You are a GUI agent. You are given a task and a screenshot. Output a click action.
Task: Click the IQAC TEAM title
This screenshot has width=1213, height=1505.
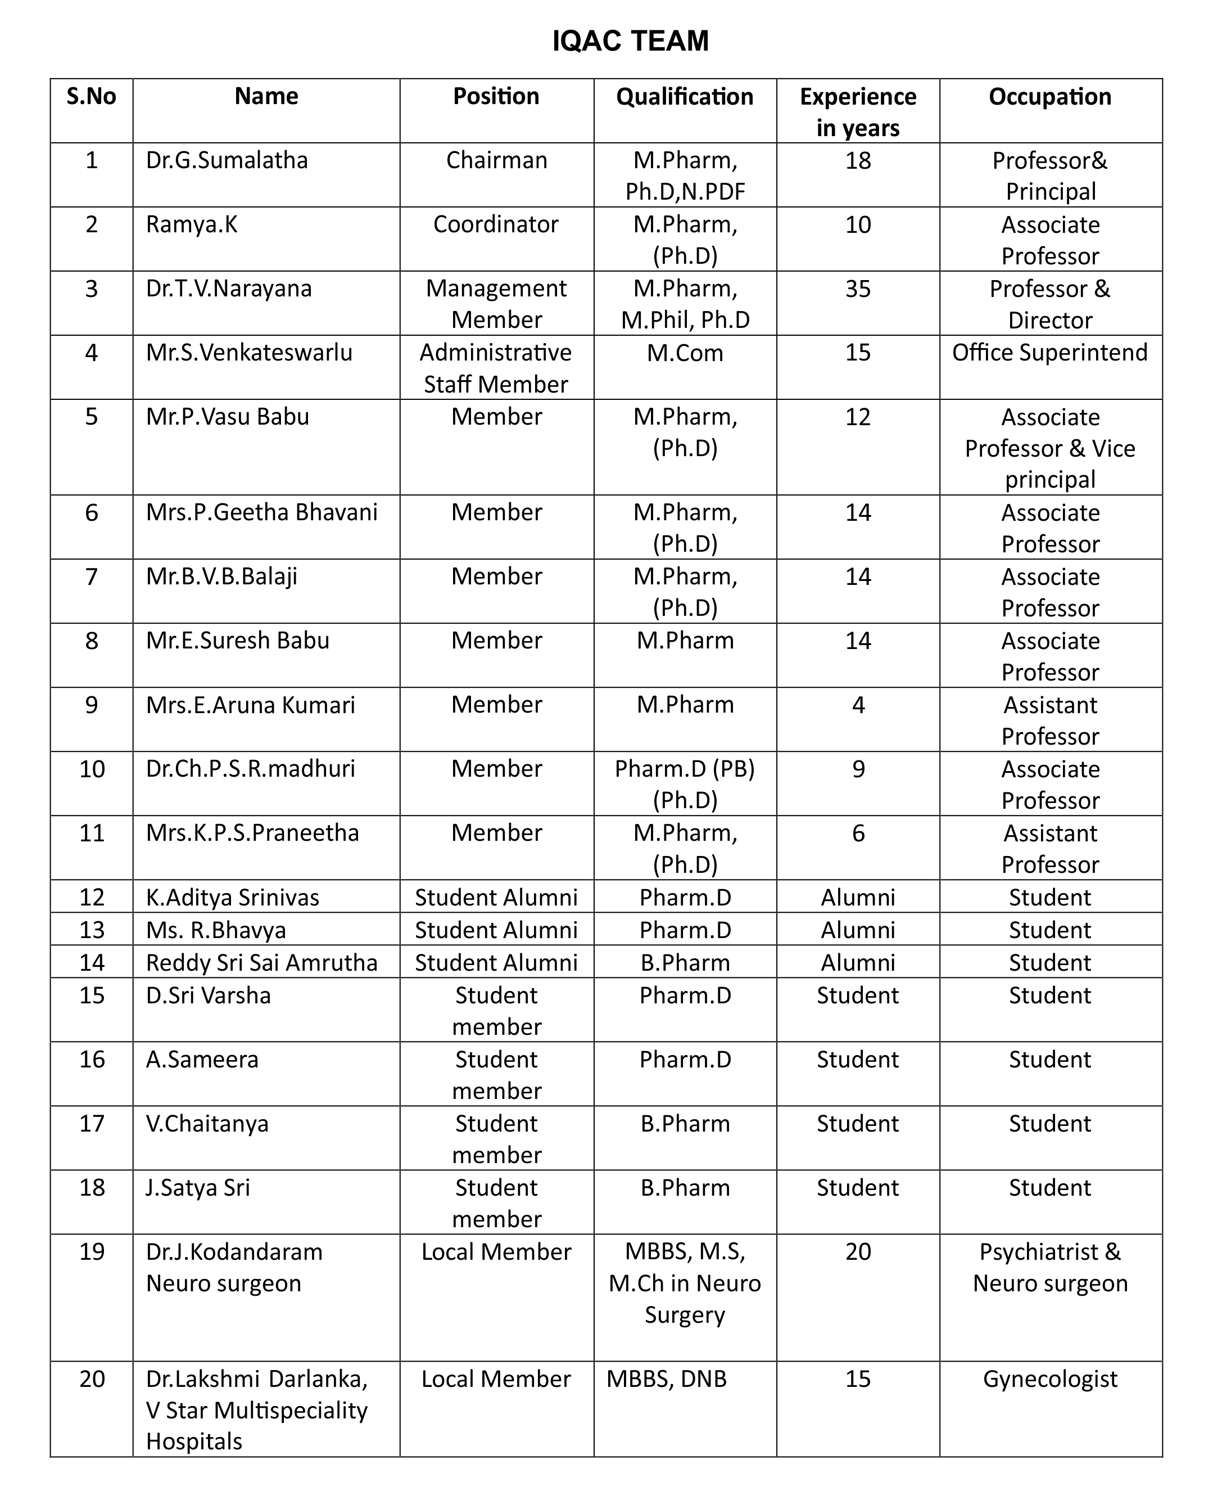tap(630, 41)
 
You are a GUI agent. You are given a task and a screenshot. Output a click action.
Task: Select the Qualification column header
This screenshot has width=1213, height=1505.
tap(685, 97)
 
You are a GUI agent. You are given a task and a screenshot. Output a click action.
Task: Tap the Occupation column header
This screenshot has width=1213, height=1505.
tap(1049, 97)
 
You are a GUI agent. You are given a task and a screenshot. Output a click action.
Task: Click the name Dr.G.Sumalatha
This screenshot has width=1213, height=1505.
tap(227, 161)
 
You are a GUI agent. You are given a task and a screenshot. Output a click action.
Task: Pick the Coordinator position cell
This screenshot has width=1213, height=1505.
tap(496, 224)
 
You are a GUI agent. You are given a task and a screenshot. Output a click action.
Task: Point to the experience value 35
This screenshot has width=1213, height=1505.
tap(858, 289)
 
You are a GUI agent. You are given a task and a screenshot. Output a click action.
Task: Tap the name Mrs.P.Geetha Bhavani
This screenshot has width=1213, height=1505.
tap(261, 512)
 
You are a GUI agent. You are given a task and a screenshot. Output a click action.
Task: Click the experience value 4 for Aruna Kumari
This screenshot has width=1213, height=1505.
tap(858, 705)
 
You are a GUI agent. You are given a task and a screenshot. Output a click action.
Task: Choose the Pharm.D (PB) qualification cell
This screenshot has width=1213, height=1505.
tap(685, 769)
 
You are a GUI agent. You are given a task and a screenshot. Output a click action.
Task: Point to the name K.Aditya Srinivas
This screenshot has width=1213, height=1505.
tap(232, 898)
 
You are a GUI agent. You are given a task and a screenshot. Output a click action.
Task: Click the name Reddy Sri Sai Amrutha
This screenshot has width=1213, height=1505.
tap(261, 962)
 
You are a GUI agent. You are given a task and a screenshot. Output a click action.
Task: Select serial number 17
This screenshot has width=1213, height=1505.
tap(92, 1123)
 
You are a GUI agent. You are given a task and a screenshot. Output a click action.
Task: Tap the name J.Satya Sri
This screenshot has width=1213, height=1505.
tap(198, 1188)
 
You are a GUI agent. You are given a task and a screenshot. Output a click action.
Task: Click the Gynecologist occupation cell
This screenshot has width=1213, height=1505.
tap(1049, 1379)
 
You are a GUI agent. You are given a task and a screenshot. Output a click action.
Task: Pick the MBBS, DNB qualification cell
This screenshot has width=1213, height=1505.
tap(667, 1379)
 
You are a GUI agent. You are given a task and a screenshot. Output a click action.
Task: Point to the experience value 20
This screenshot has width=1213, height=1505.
tap(858, 1252)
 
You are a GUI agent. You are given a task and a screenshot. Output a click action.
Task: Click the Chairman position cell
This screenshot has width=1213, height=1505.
tap(496, 161)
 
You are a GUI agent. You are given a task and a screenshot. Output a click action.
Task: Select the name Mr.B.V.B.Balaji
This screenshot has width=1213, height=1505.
tap(221, 576)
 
